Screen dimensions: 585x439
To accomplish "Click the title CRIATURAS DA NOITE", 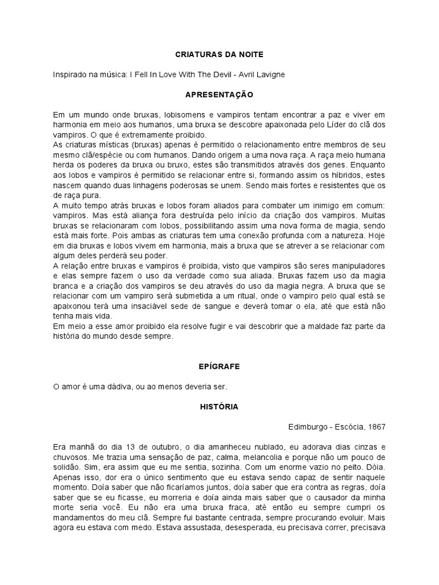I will pos(219,54).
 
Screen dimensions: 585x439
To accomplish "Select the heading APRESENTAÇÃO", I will pos(219,94).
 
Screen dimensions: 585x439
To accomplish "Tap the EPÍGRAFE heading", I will pos(219,366).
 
